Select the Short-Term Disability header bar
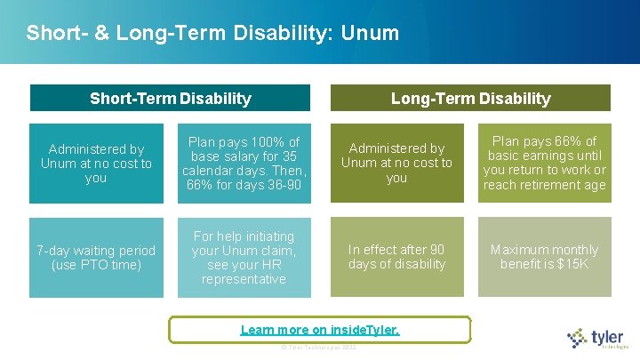(x=170, y=98)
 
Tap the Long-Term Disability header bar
(x=471, y=98)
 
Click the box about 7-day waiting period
(x=96, y=258)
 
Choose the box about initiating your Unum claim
(x=244, y=258)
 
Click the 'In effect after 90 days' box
(x=396, y=258)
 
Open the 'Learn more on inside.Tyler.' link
(x=320, y=330)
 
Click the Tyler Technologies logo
(x=598, y=338)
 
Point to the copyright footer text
(x=318, y=347)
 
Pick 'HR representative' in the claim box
(x=244, y=272)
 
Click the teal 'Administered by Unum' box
(x=96, y=164)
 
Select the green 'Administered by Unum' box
(x=396, y=164)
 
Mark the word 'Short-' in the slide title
(x=50, y=34)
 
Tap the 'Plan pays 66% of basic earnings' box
(x=544, y=164)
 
